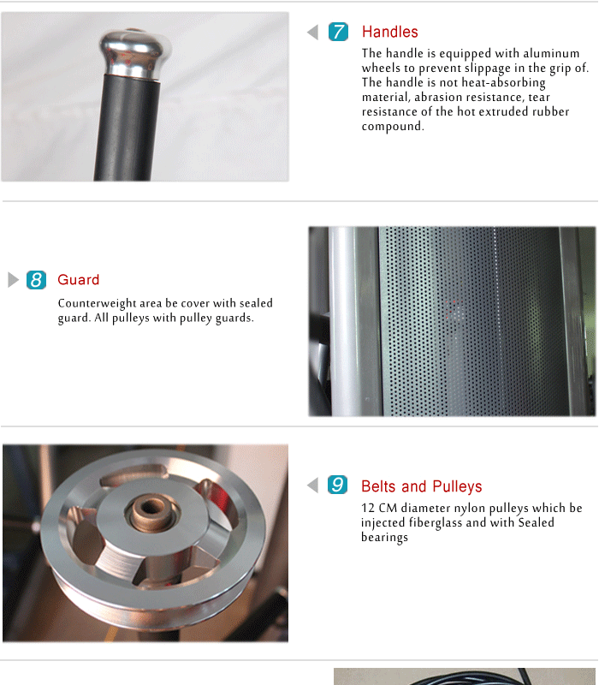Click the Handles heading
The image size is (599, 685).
389,33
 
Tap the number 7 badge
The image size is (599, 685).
338,33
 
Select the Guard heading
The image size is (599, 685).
78,280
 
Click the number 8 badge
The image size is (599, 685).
36,280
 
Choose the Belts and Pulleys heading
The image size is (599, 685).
421,486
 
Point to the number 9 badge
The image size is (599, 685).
338,485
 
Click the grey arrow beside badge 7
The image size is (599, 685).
312,33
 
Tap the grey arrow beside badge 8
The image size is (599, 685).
13,280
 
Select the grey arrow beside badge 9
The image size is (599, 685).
312,485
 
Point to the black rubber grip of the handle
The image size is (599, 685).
130,128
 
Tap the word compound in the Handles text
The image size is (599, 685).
392,127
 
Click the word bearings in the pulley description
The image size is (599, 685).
384,537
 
